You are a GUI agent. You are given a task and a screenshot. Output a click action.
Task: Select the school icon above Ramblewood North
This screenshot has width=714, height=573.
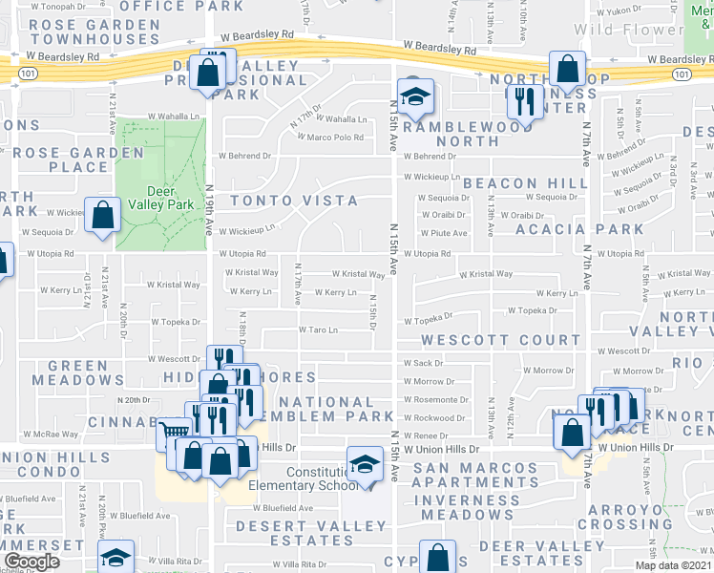point(416,96)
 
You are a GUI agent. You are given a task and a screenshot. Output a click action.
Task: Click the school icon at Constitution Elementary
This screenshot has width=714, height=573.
point(364,465)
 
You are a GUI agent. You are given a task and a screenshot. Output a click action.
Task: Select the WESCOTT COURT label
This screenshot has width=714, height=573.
point(501,340)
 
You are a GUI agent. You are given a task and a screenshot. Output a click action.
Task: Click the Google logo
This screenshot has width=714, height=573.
point(31,562)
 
